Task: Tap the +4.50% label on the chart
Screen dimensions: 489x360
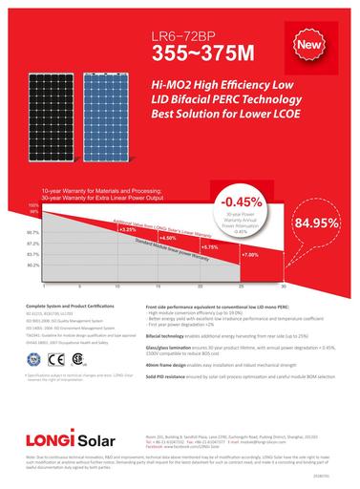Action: [x=170, y=237]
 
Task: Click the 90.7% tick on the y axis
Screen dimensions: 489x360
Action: [x=32, y=232]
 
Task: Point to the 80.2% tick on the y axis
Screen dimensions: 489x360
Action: [x=32, y=266]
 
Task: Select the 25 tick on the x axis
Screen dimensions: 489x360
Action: [x=241, y=287]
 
